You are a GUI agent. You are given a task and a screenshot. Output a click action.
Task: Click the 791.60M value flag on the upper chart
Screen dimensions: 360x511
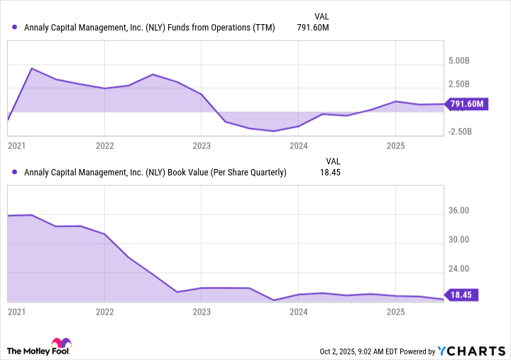466,104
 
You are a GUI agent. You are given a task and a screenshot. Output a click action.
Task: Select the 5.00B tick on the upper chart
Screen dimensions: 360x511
459,61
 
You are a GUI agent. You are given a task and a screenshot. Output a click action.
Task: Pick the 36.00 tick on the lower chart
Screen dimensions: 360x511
459,211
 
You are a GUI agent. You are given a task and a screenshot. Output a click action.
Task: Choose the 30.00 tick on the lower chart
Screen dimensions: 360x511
459,239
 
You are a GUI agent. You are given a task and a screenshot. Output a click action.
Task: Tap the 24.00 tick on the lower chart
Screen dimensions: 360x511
459,268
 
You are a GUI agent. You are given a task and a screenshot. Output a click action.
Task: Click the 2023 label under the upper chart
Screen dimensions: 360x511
202,146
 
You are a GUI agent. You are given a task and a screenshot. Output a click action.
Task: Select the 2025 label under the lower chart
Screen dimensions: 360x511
395,312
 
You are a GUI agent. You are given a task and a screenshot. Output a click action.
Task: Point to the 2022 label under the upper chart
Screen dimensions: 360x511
104,146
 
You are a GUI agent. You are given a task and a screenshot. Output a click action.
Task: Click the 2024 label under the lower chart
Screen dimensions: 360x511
298,312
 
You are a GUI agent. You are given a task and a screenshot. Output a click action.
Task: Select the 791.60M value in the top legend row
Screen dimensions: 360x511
313,28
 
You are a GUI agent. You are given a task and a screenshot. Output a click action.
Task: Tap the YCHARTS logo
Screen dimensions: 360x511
471,351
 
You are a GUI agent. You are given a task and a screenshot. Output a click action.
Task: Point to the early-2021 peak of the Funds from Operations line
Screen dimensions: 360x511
32,69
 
